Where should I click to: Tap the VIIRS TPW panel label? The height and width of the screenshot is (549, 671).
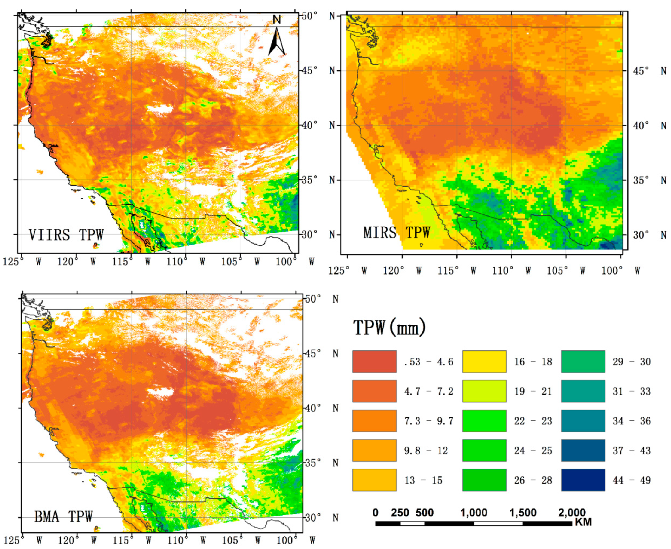pyautogui.click(x=66, y=235)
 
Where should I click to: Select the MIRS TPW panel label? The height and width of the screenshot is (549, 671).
pyautogui.click(x=396, y=232)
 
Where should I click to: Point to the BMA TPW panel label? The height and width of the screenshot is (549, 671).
pyautogui.click(x=63, y=516)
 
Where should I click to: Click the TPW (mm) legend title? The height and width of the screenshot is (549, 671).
pyautogui.click(x=389, y=328)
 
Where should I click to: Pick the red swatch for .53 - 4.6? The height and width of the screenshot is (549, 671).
pyautogui.click(x=374, y=361)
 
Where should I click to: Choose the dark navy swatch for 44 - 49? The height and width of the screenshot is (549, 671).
pyautogui.click(x=583, y=480)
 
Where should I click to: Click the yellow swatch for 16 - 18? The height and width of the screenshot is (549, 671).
pyautogui.click(x=484, y=361)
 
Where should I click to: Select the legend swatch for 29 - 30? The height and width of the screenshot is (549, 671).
pyautogui.click(x=583, y=361)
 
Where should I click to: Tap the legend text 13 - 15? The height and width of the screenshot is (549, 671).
pyautogui.click(x=423, y=480)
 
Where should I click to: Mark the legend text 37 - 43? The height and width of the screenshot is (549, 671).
pyautogui.click(x=631, y=451)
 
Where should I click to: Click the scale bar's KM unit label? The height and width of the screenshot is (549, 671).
pyautogui.click(x=583, y=522)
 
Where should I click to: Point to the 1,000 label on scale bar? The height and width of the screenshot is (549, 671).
pyautogui.click(x=473, y=513)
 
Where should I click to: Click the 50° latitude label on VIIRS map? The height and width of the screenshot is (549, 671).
pyautogui.click(x=309, y=16)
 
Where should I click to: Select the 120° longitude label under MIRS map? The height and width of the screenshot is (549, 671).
pyautogui.click(x=393, y=271)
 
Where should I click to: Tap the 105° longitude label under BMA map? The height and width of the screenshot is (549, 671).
pyautogui.click(x=231, y=540)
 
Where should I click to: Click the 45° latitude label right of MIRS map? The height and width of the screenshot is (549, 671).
pyautogui.click(x=641, y=71)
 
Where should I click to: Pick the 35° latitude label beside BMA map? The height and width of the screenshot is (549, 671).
pyautogui.click(x=313, y=463)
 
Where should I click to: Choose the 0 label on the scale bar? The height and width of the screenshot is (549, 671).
pyautogui.click(x=375, y=513)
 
